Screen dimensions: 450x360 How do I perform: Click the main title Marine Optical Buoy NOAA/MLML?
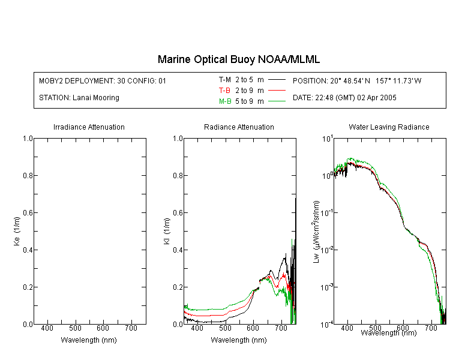coord(238,59)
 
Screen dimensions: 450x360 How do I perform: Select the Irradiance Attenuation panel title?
coord(89,127)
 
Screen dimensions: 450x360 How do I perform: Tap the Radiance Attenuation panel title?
coord(239,127)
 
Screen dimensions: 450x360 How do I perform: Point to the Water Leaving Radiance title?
coord(389,127)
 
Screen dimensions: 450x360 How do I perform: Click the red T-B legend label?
coord(224,91)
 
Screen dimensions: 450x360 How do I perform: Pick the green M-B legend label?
coord(225,101)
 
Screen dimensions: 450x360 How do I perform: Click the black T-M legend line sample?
coord(277,80)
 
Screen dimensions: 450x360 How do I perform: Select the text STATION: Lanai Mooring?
coord(79,98)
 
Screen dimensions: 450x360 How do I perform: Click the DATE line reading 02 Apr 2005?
coord(344,98)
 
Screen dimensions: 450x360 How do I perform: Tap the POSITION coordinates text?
coord(357,80)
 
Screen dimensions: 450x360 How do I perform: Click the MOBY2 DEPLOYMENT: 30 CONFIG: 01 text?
coord(103,80)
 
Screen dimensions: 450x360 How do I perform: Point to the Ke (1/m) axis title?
coord(17,231)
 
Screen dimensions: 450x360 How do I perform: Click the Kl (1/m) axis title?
coord(167,231)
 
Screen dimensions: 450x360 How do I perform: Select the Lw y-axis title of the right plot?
coord(316,232)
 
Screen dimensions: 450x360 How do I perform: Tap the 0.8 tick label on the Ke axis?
coord(28,175)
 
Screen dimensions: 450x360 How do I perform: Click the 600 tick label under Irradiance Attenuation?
coord(103,328)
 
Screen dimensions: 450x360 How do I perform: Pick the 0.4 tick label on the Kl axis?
coord(178,250)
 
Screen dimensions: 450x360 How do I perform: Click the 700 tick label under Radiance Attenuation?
coord(281,328)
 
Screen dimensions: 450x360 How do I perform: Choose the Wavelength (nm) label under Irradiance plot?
coord(89,340)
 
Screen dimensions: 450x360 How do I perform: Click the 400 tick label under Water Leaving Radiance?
coord(347,328)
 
